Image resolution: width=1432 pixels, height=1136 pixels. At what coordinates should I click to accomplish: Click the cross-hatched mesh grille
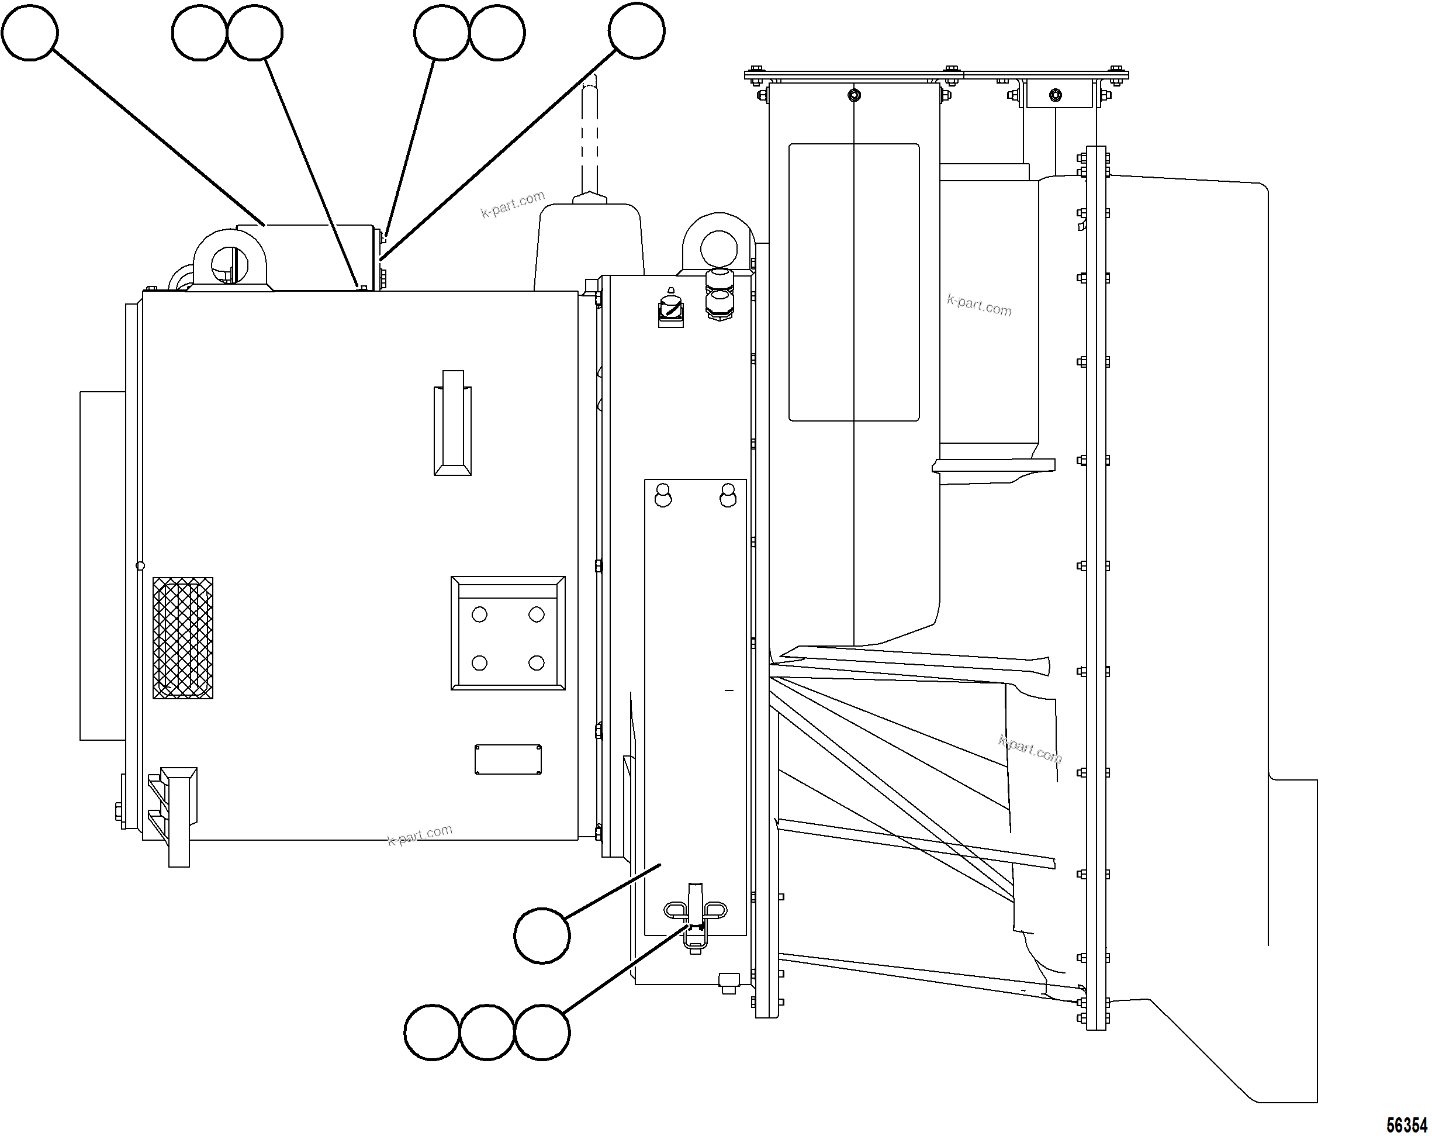182,638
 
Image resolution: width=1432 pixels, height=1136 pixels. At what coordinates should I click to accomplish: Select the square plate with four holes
507,633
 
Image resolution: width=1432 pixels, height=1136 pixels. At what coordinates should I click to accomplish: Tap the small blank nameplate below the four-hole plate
507,759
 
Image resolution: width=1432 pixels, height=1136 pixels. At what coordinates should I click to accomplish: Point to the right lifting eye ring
719,246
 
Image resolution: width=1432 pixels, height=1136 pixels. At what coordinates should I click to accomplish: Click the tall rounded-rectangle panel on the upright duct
853,282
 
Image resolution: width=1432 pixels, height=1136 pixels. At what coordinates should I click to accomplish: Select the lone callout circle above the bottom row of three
542,935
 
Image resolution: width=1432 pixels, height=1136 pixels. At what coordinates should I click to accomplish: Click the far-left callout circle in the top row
30,32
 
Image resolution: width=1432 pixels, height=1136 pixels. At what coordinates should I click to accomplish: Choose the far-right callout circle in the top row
637,30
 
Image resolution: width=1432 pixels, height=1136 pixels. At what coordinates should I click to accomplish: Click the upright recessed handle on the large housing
452,423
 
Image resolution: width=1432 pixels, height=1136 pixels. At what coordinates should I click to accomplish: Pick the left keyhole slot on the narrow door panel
663,496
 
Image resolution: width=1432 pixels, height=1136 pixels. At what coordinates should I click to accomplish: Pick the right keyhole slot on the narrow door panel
728,496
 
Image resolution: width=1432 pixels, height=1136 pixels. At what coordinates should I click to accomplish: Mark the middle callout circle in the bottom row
487,1033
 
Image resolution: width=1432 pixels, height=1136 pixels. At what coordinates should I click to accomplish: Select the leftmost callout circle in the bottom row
432,1033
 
